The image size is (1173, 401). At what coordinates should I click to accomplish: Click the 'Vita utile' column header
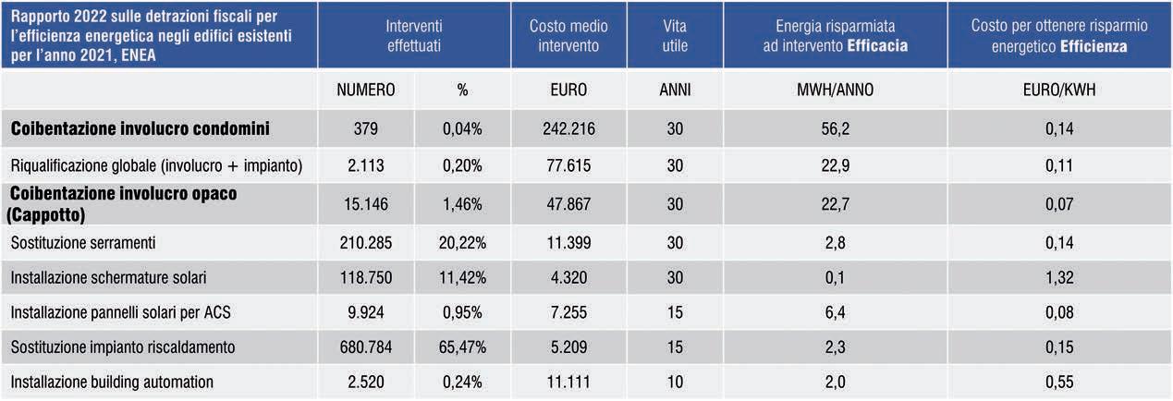tap(675, 36)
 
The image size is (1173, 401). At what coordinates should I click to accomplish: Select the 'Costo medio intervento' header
tap(568, 36)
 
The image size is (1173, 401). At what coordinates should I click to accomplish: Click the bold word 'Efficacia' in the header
tap(877, 45)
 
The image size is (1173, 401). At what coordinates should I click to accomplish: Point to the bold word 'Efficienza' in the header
tap(1094, 46)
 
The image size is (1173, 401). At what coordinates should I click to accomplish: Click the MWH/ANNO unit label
tap(835, 90)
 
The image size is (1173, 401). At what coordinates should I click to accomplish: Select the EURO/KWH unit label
tap(1058, 90)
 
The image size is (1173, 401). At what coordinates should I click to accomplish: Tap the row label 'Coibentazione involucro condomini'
tap(141, 128)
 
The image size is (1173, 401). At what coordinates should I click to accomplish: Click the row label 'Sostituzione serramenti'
tap(83, 242)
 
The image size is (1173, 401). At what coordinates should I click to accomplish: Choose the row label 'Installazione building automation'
tap(112, 382)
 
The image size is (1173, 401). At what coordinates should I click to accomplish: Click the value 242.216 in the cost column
tap(568, 128)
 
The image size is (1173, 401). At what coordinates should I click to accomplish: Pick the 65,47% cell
tap(462, 346)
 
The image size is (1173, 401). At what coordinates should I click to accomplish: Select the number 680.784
tap(365, 346)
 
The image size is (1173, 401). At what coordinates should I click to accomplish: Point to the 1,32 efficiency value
tap(1058, 277)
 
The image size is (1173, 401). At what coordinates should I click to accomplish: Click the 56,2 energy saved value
tap(835, 128)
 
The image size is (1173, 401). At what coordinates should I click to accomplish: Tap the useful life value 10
tap(675, 382)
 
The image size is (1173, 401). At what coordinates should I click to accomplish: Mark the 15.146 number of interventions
tap(365, 203)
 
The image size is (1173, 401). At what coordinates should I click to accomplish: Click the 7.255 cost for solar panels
tap(568, 312)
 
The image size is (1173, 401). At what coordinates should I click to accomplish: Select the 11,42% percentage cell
tap(462, 277)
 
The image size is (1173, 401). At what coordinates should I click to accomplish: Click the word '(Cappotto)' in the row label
tap(46, 214)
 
